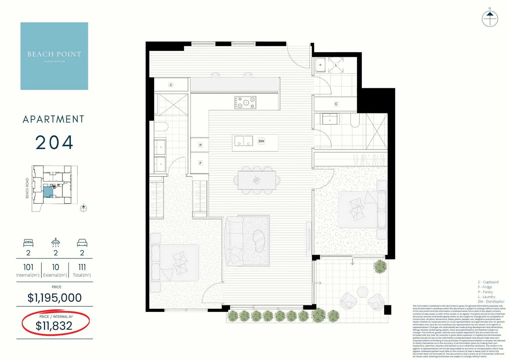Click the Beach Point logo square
coord(54,56)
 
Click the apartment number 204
coord(54,142)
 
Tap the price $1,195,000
coord(55,298)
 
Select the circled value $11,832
coord(54,326)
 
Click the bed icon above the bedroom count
coord(28,243)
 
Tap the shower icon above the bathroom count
coord(56,242)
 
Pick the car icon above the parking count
coord(82,243)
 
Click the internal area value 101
coord(28,267)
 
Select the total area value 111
coord(82,267)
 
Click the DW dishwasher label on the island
coord(261,141)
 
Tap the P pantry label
coord(201,145)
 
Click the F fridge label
coord(201,163)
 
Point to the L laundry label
coord(336,65)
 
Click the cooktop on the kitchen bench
coord(245,103)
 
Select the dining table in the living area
coord(257,180)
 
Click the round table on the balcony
coord(363,292)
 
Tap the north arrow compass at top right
coord(490,19)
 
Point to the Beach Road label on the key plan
coord(27,188)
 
